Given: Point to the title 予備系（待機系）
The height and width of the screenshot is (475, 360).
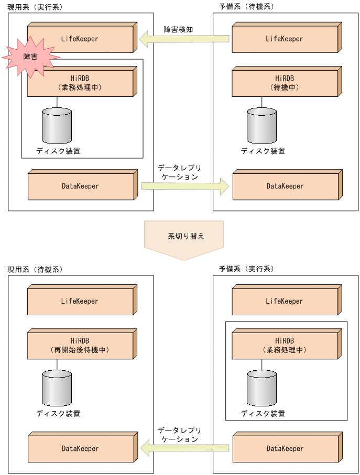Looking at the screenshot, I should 246,7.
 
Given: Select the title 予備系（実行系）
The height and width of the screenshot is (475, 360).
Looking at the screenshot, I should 246,269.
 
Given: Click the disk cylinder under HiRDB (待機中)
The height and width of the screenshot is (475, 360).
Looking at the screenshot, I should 261,126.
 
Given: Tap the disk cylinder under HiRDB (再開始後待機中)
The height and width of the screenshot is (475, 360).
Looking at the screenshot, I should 57,388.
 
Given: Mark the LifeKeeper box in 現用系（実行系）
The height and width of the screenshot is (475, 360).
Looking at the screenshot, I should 80,39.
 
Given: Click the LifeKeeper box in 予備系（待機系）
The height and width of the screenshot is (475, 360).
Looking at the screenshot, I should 285,39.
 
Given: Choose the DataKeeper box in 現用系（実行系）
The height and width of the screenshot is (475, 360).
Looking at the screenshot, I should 80,186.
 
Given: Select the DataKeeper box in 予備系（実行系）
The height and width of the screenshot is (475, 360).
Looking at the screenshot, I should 285,449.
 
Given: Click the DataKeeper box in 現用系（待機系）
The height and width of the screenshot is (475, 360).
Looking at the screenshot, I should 80,449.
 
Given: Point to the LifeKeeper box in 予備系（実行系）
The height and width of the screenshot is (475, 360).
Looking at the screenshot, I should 285,302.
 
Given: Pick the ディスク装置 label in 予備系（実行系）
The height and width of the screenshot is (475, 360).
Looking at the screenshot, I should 263,413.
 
